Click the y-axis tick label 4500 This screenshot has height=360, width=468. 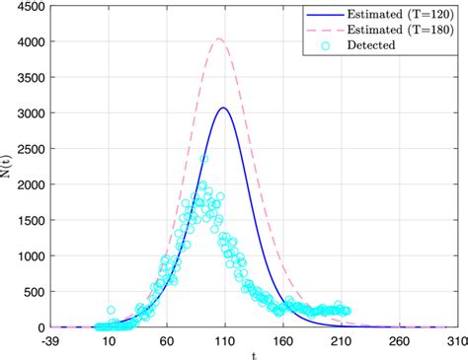[28, 8]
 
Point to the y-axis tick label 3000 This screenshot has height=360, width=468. [28, 114]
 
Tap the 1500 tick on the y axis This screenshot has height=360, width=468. [28, 221]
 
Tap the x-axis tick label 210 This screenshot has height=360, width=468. [341, 340]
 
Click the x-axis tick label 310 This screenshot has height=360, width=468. [455, 340]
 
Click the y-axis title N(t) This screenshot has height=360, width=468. [9, 168]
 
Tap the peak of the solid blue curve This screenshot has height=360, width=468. [224, 108]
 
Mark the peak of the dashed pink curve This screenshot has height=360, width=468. [218, 39]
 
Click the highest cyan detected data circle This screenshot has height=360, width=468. [203, 159]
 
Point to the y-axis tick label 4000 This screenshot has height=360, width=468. [28, 43]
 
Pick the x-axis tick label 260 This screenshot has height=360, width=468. [398, 340]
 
